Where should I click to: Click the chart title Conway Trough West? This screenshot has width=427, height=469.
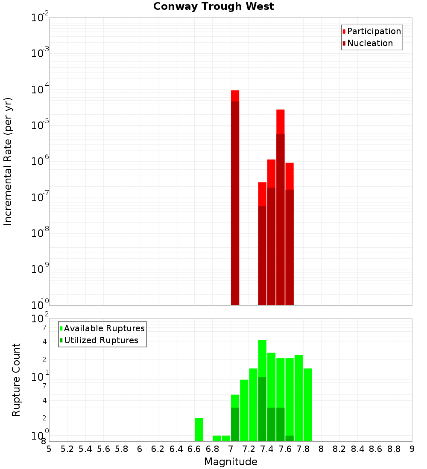[213, 7]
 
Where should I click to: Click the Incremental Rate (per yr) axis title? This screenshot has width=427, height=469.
[8, 161]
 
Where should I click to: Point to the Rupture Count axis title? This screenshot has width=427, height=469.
[16, 380]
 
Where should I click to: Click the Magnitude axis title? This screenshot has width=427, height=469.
[231, 462]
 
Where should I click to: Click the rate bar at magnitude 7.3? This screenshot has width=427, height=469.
[262, 243]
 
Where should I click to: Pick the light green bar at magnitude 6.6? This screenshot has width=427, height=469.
[199, 429]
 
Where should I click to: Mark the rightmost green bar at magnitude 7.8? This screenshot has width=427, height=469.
[307, 405]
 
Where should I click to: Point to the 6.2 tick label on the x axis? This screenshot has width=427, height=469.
[158, 449]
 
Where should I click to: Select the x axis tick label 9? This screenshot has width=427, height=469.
[412, 449]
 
